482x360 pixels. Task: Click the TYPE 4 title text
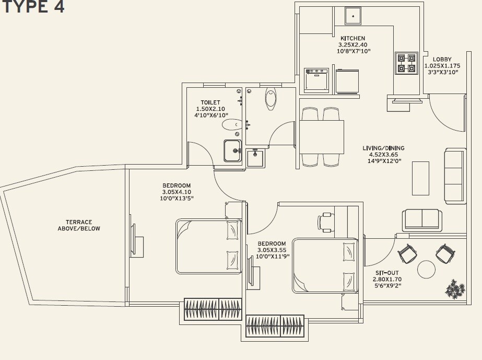(x=32, y=7)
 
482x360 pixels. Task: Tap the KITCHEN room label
(x=352, y=39)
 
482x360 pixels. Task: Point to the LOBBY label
(x=441, y=60)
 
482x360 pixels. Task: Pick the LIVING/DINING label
(x=383, y=148)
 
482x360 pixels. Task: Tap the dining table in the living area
(x=322, y=136)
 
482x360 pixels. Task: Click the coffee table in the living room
(x=420, y=178)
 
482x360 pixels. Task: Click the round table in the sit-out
(x=426, y=269)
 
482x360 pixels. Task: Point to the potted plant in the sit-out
(x=455, y=289)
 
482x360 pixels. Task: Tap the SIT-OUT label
(x=387, y=273)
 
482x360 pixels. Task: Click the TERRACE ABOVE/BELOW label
(x=79, y=225)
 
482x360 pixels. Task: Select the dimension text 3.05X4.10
(x=176, y=192)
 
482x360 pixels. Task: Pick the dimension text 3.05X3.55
(x=272, y=250)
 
